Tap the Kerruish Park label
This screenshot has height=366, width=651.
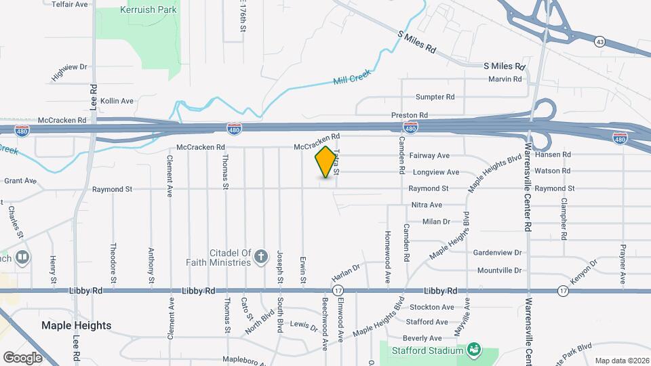148,10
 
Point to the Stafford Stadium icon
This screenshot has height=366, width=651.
474,349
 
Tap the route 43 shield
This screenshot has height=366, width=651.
599,42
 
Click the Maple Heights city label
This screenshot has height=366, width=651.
76,325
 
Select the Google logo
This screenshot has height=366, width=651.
22,357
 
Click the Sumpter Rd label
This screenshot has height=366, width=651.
435,97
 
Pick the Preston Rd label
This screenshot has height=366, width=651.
410,115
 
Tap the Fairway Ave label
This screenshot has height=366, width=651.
430,156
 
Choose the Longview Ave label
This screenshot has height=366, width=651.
435,172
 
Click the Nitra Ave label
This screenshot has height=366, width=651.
427,205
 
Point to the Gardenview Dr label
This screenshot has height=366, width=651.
498,253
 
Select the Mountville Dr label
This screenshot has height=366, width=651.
499,270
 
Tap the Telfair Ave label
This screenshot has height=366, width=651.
71,4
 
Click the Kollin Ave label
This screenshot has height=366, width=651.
117,101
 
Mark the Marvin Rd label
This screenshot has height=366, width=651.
505,79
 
